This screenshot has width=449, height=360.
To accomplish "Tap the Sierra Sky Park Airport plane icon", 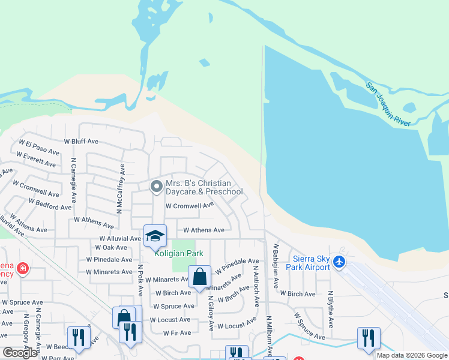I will tap(339, 262).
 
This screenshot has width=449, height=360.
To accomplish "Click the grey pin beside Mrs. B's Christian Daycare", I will tap(156, 187).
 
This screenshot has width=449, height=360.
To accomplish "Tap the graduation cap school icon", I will tap(155, 235).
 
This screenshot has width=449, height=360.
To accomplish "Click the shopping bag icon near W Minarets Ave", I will tap(199, 277).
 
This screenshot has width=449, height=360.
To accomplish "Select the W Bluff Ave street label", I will tap(82, 142).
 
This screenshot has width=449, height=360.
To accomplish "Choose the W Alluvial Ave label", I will tap(120, 238).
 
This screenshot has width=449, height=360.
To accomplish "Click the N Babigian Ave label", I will tap(276, 260).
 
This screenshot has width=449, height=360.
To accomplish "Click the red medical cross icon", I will tap(23, 268).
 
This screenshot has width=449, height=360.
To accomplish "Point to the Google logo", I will tap(20, 353).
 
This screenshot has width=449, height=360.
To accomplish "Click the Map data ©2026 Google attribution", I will tap(412, 355).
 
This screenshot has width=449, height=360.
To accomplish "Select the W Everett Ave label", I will tap(36, 159).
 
